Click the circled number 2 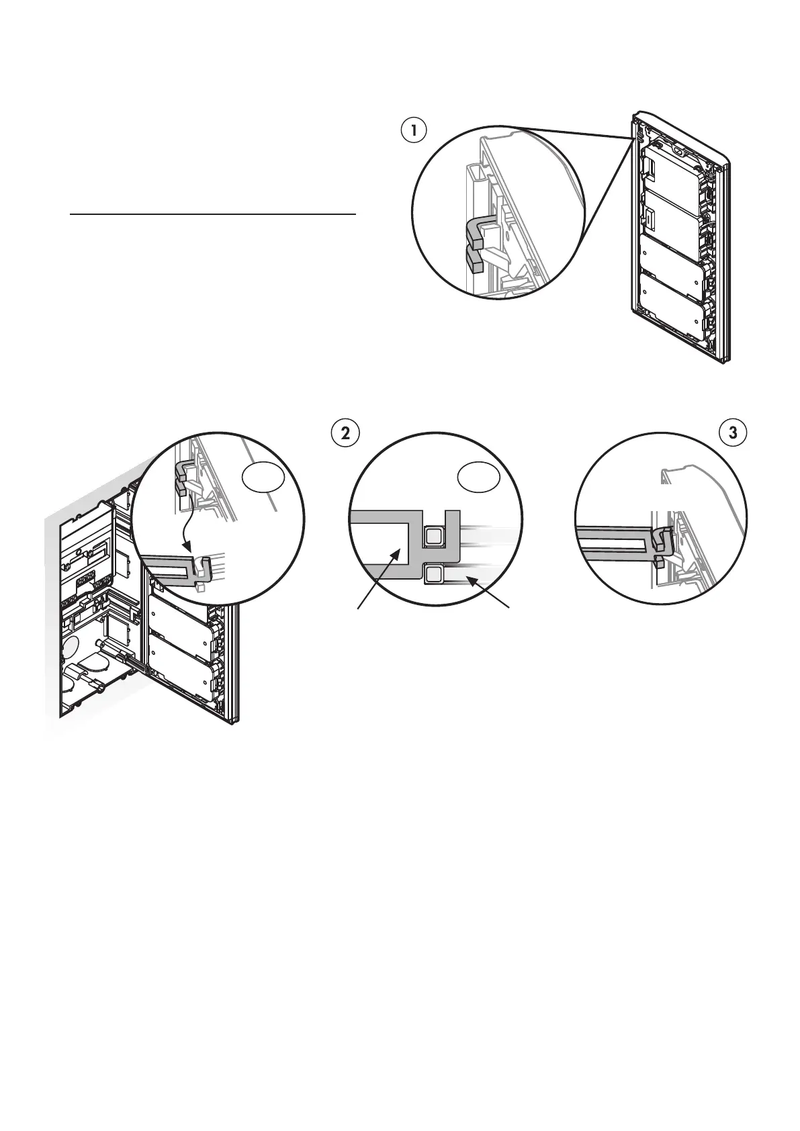point(346,433)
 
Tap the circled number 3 point(733,433)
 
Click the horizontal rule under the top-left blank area point(213,215)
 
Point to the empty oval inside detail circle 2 point(478,478)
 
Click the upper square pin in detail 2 point(434,536)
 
